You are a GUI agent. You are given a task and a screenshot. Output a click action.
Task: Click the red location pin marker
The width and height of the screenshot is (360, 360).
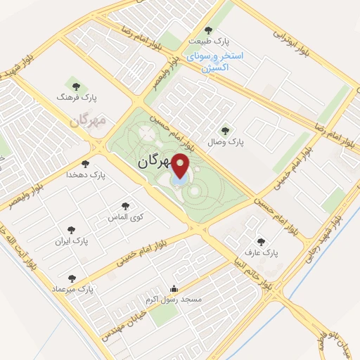[181, 167]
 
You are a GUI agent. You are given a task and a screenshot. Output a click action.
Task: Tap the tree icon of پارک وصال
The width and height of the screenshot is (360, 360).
[225, 129]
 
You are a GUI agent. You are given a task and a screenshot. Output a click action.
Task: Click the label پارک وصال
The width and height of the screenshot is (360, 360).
[225, 142]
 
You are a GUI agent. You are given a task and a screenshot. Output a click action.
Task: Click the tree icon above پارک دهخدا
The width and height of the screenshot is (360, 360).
[85, 163]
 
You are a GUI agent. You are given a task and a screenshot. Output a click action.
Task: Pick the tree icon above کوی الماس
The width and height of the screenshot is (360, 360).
[125, 206]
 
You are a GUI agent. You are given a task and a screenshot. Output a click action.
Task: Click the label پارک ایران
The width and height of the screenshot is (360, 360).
[72, 240]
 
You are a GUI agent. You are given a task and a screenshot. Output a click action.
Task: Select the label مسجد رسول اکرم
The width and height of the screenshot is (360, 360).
[173, 300]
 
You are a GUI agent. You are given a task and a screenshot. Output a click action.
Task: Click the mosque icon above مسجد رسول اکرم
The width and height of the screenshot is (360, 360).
[174, 288]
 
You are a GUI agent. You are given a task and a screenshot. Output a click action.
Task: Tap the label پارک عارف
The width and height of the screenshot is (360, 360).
[265, 251]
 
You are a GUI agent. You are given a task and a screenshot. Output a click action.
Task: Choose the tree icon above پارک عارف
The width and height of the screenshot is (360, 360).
[262, 240]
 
